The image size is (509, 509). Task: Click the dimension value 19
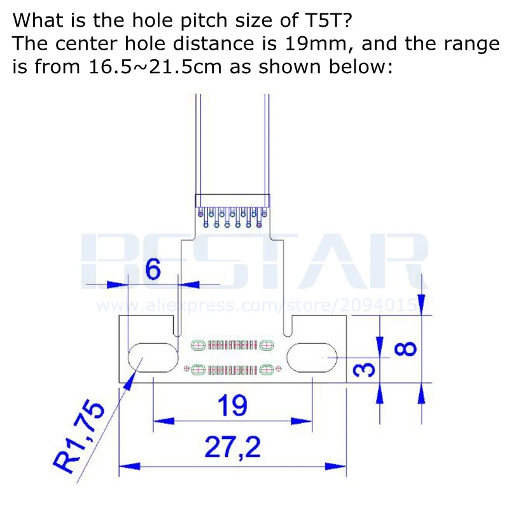(x=234, y=405)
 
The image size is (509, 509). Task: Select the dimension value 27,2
(x=233, y=449)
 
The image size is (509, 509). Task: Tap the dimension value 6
(x=153, y=270)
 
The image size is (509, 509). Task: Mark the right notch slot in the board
(x=288, y=326)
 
